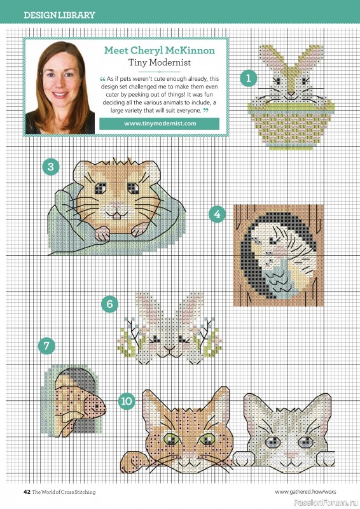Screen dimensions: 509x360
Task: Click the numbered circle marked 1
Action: [x=248, y=78]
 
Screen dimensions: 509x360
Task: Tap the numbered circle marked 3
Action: [x=51, y=167]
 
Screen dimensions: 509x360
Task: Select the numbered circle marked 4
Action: [x=218, y=214]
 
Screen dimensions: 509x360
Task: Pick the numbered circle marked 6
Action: [x=109, y=304]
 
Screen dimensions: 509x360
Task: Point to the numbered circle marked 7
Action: [x=46, y=346]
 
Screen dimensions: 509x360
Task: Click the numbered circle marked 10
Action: [x=126, y=400]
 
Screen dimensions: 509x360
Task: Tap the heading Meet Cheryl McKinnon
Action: [x=158, y=50]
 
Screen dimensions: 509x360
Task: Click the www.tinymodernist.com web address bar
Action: [x=159, y=123]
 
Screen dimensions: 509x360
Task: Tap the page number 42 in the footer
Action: [x=27, y=492]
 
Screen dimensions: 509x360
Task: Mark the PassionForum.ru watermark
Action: [x=333, y=501]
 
